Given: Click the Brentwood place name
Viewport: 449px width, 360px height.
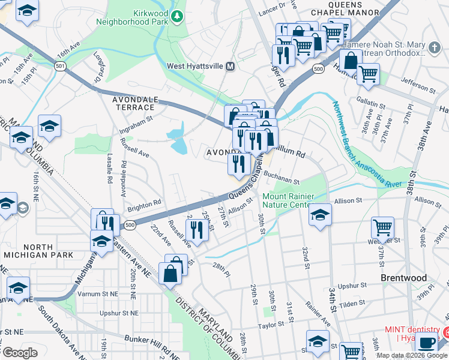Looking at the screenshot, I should click(403, 278).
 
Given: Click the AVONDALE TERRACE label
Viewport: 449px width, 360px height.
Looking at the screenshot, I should click(134, 103).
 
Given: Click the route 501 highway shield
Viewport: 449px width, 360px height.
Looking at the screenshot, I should click(59, 65).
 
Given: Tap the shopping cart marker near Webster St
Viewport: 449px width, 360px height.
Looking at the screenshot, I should click(382, 228).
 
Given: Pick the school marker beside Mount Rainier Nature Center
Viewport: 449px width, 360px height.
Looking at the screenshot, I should click(321, 215).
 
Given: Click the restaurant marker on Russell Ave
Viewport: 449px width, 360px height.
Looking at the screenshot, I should click(196, 229).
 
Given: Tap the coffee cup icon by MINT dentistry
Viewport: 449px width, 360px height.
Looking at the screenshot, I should click(427, 344).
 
